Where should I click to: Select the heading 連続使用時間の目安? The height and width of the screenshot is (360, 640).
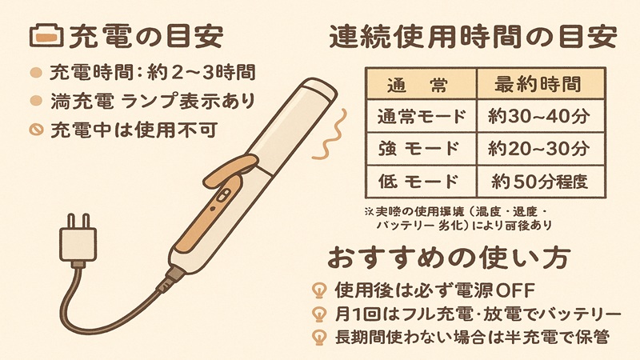pos(473,37)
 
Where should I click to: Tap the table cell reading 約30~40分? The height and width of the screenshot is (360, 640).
pos(538,116)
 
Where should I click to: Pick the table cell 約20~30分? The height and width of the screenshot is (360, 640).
pos(538,148)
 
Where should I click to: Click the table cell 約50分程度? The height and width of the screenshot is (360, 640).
pos(538,181)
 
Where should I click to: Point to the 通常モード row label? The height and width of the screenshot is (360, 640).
pos(421,116)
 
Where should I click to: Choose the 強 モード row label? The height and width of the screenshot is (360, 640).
pos(421,148)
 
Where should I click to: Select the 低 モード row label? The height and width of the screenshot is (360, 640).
pos(421,181)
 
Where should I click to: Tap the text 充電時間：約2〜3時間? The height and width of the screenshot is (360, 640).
pos(152,73)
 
